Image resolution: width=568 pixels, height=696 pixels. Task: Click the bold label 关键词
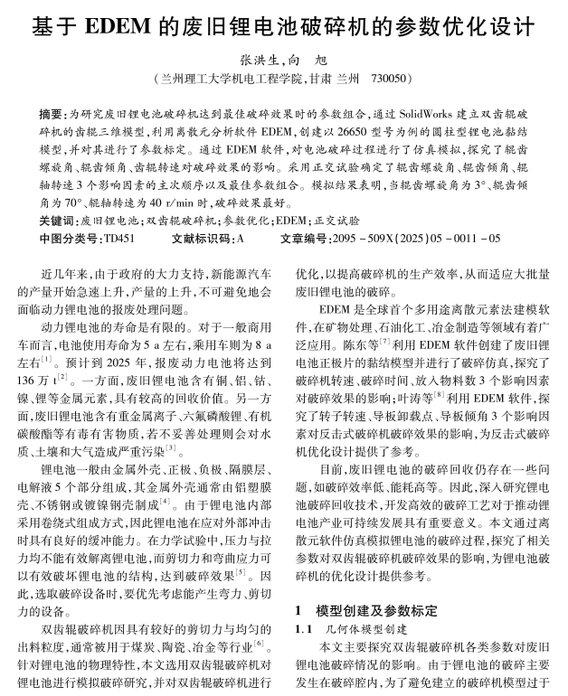[58, 221]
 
